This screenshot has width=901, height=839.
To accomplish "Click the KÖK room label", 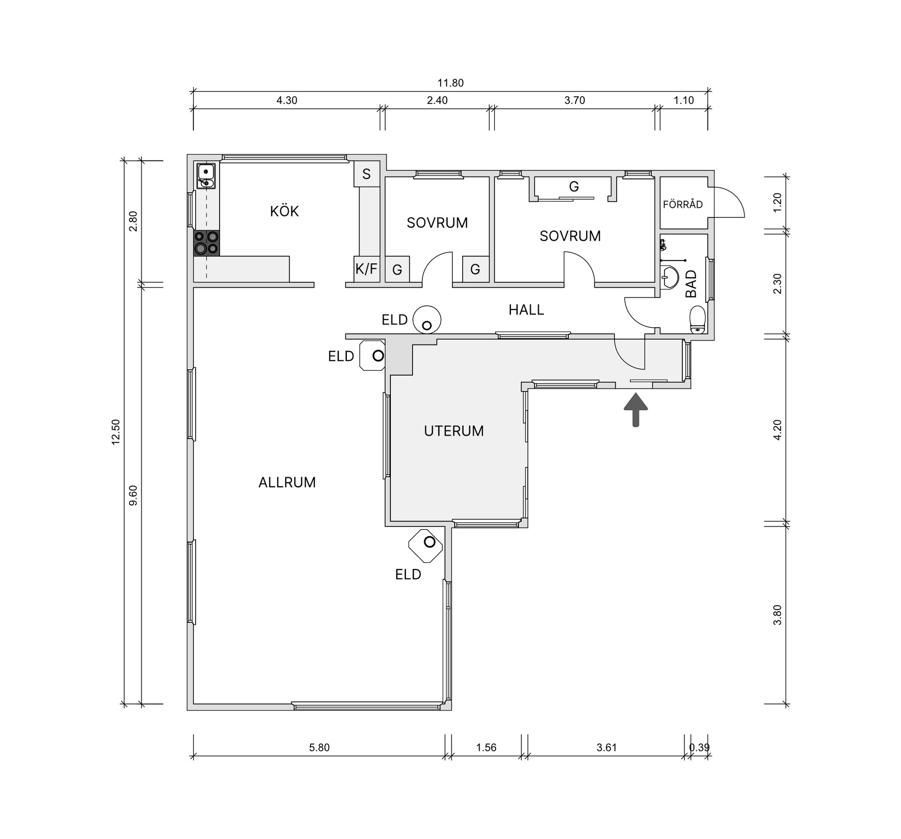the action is (x=284, y=211).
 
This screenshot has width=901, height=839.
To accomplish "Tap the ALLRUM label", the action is (x=287, y=482).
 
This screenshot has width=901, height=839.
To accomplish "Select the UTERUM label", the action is (x=454, y=431).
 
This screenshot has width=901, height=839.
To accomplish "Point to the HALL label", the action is (x=527, y=310).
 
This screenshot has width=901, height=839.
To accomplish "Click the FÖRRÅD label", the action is (x=683, y=204).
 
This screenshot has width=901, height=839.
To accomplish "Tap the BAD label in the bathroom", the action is (x=691, y=284).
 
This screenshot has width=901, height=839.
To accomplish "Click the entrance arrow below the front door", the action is (x=635, y=409).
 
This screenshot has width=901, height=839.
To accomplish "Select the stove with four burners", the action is (x=206, y=243).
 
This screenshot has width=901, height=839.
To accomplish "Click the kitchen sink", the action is (x=206, y=176).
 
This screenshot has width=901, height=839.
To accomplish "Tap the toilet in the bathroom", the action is (x=698, y=319).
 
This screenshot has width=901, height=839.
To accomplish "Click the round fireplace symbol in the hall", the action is (x=427, y=319).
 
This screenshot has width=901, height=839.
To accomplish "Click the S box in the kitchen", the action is (x=367, y=174).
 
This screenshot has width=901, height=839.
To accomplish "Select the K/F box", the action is (x=367, y=269).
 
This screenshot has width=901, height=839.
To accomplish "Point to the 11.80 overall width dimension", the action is (x=450, y=83).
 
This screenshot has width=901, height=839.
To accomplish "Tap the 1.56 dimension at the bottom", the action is (x=486, y=747).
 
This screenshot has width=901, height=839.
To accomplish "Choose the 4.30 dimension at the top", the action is (x=287, y=100).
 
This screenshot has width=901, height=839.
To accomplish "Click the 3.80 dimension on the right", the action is (x=778, y=615).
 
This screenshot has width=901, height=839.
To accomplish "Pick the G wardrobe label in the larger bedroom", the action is (x=573, y=187).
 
